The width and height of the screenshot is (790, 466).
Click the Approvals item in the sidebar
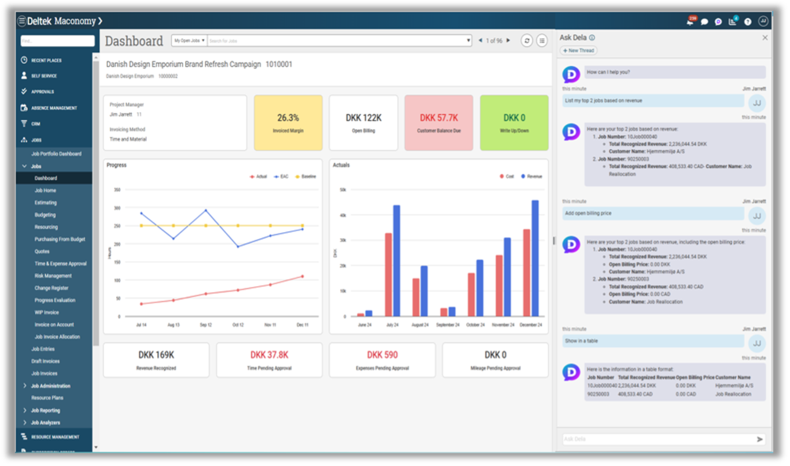(42, 92)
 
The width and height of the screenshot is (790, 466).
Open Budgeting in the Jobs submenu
(45, 215)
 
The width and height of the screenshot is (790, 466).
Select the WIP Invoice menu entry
(46, 312)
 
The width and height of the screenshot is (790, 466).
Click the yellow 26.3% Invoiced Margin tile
(288, 122)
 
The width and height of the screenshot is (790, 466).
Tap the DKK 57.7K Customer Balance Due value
(439, 118)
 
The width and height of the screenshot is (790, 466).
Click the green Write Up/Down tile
(514, 122)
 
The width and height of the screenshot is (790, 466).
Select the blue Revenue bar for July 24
(397, 261)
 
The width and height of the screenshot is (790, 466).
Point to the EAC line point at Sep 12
(206, 211)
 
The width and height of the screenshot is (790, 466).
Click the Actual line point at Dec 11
(302, 276)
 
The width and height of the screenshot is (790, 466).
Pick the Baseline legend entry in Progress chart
(306, 176)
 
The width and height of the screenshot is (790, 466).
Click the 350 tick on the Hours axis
(117, 190)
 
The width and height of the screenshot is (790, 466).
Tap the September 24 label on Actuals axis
(448, 325)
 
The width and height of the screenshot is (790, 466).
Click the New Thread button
(579, 50)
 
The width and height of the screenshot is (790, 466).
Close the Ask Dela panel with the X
(764, 38)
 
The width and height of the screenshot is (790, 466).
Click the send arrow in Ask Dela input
(760, 439)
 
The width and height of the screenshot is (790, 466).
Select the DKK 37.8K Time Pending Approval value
(269, 355)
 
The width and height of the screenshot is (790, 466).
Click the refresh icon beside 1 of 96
(527, 41)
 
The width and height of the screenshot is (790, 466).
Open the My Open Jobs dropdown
(189, 41)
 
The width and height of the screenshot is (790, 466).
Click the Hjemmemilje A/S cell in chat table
(734, 385)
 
